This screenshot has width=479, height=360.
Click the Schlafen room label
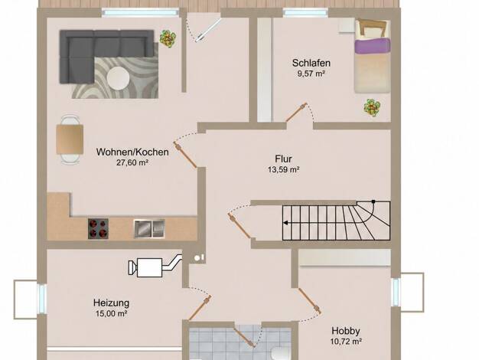pos(311,63)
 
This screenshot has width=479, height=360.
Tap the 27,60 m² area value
pos(132,162)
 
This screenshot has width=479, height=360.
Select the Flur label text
pos(283,159)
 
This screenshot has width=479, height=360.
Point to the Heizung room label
pos(111,303)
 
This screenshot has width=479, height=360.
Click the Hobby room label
pos(346,331)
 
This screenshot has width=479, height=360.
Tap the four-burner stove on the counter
pos(98,228)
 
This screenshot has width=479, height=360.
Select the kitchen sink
pos(149,228)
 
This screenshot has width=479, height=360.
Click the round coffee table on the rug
pos(119,78)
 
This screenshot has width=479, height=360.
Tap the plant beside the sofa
pos(168,38)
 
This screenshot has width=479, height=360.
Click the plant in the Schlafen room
pos(372,107)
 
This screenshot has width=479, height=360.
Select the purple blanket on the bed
pos(372,46)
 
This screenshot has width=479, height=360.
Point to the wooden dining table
pos(70,139)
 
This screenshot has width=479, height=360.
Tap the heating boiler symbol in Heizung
pos(155,266)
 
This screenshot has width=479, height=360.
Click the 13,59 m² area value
pos(283,169)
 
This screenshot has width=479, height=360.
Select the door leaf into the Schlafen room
pos(296,112)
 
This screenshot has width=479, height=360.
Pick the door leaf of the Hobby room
pos(309,301)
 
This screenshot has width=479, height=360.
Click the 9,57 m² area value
pos(311,74)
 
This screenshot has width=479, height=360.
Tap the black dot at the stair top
pos(373,201)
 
